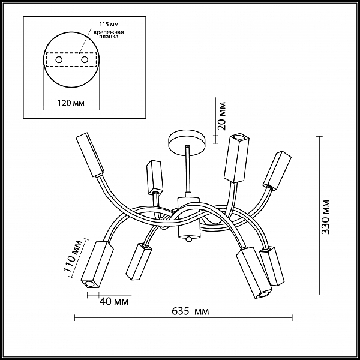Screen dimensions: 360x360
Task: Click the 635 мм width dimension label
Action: point(190,311)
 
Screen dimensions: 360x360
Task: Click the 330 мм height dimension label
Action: point(325,217)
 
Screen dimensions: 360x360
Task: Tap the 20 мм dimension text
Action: point(221,116)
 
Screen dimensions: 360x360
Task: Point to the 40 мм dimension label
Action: point(115,301)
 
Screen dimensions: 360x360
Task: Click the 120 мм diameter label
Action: point(70,103)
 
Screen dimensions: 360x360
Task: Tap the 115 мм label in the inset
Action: point(109,25)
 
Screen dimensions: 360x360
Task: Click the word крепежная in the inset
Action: point(109,32)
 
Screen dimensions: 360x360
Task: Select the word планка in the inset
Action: point(109,37)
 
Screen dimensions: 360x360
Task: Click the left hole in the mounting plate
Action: point(59,60)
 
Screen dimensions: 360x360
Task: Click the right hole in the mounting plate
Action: point(85,60)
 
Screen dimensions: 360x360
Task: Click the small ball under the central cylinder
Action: point(188,239)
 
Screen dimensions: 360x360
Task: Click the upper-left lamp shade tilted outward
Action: point(90,155)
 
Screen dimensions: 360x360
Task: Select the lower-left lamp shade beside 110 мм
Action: point(97,265)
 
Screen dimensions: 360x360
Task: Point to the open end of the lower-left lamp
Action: point(88,284)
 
